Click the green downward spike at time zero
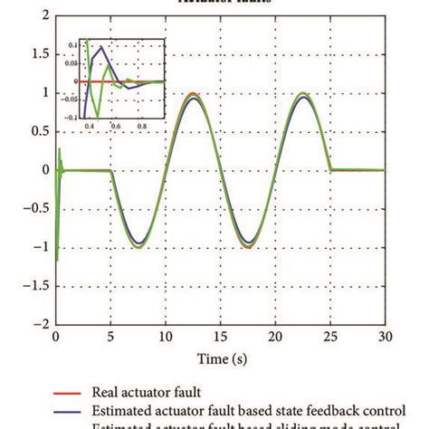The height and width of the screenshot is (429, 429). click(x=56, y=259)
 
